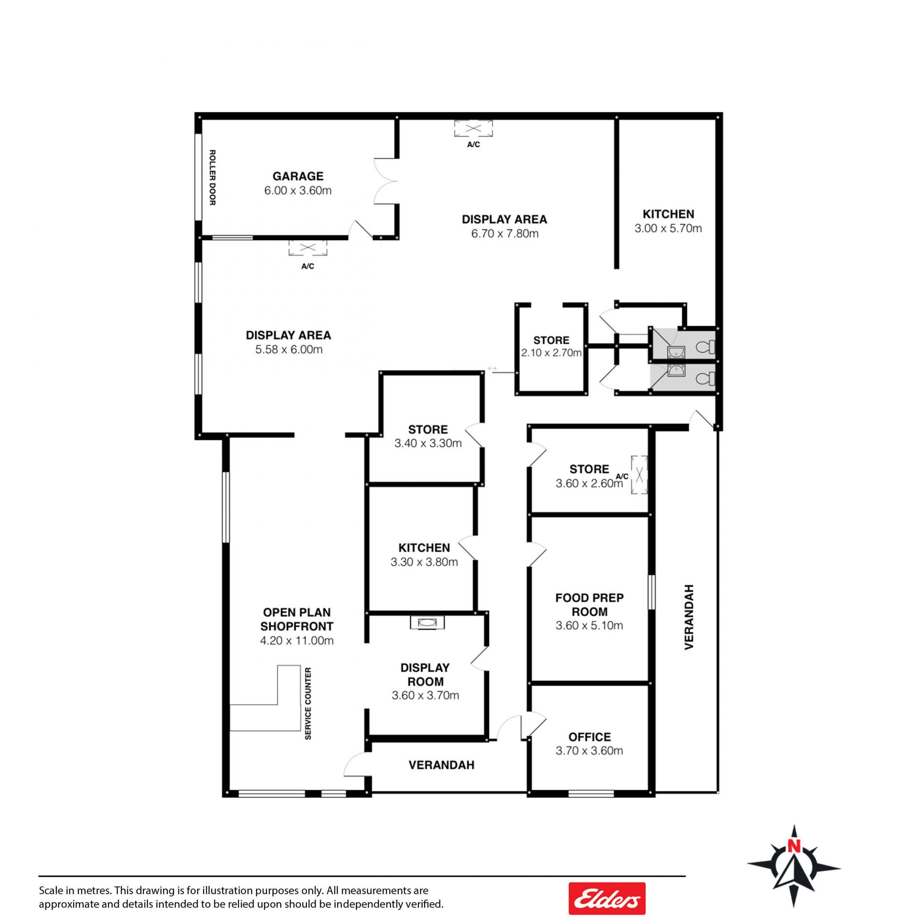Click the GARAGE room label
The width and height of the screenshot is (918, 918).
pyautogui.click(x=298, y=176)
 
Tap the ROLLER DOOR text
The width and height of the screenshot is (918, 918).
pyautogui.click(x=212, y=178)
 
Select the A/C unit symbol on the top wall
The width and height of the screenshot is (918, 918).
pyautogui.click(x=473, y=128)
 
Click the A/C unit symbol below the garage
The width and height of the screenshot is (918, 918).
pyautogui.click(x=307, y=248)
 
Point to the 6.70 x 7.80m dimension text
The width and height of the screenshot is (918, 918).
pyautogui.click(x=505, y=233)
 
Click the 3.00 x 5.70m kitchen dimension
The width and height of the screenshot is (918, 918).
pyautogui.click(x=668, y=228)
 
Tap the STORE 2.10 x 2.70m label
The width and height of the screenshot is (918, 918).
pyautogui.click(x=551, y=346)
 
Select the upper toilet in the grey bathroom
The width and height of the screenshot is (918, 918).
pyautogui.click(x=705, y=346)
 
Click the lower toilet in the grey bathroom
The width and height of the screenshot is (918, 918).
pyautogui.click(x=705, y=379)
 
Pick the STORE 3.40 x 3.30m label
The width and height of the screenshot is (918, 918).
pyautogui.click(x=428, y=436)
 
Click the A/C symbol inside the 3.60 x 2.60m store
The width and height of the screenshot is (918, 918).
pyautogui.click(x=639, y=474)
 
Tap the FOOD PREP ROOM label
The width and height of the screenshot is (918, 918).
pyautogui.click(x=590, y=604)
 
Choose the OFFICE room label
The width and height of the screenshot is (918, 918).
pyautogui.click(x=590, y=737)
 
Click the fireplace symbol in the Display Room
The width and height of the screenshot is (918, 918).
pyautogui.click(x=427, y=623)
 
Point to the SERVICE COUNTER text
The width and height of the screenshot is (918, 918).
pyautogui.click(x=308, y=703)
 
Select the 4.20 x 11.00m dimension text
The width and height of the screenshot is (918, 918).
pyautogui.click(x=297, y=640)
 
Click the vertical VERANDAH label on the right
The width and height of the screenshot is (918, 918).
pyautogui.click(x=689, y=617)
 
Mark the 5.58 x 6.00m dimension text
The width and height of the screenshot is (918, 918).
pyautogui.click(x=289, y=349)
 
